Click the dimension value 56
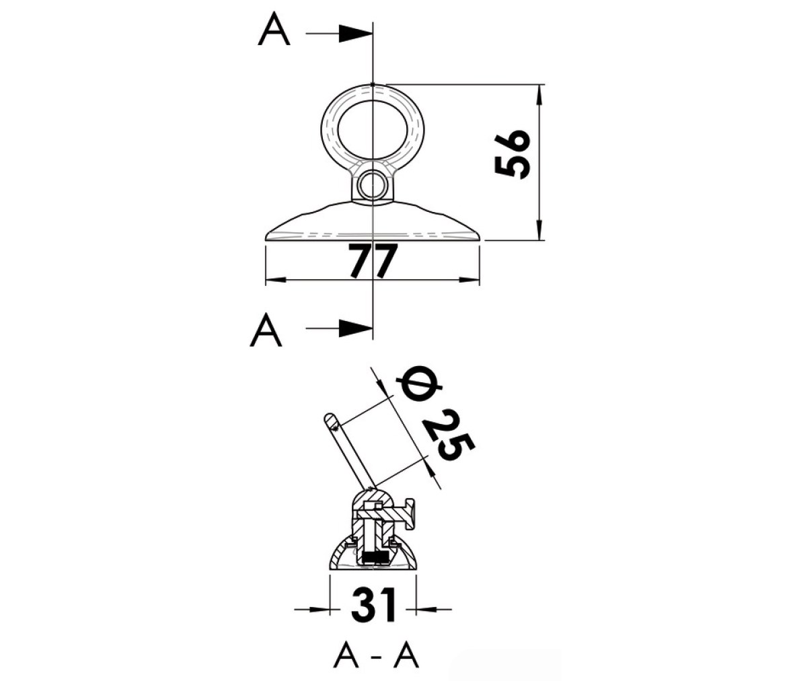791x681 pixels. click(x=511, y=154)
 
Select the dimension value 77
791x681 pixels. click(x=373, y=261)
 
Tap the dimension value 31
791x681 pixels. click(x=374, y=605)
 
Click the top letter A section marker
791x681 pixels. click(x=274, y=30)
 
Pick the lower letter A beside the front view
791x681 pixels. click(x=266, y=329)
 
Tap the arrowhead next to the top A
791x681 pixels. click(x=356, y=34)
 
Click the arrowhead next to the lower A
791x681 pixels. click(x=356, y=328)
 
